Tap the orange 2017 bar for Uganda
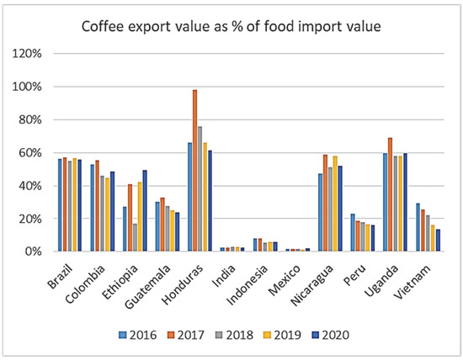click(390, 194)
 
